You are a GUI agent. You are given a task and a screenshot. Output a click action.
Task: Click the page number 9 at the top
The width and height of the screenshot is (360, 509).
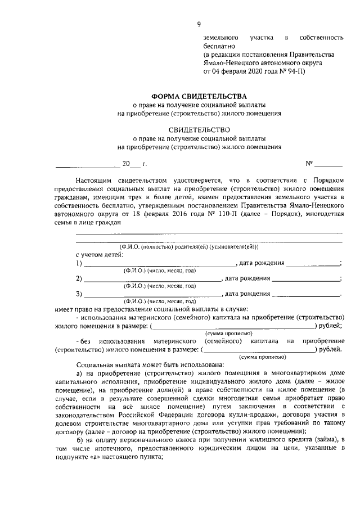(198, 23)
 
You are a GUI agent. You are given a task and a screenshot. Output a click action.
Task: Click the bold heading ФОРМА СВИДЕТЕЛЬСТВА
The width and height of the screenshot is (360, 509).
(199, 96)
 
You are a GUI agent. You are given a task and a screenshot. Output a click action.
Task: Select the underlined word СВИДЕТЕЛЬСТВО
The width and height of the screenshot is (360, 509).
(199, 129)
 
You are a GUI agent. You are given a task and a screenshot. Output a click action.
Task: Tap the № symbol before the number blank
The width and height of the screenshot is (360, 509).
(309, 164)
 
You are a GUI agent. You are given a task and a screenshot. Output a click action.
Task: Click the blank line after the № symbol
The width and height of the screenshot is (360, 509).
(328, 165)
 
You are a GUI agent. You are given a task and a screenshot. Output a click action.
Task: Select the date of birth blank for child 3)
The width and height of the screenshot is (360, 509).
(306, 294)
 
